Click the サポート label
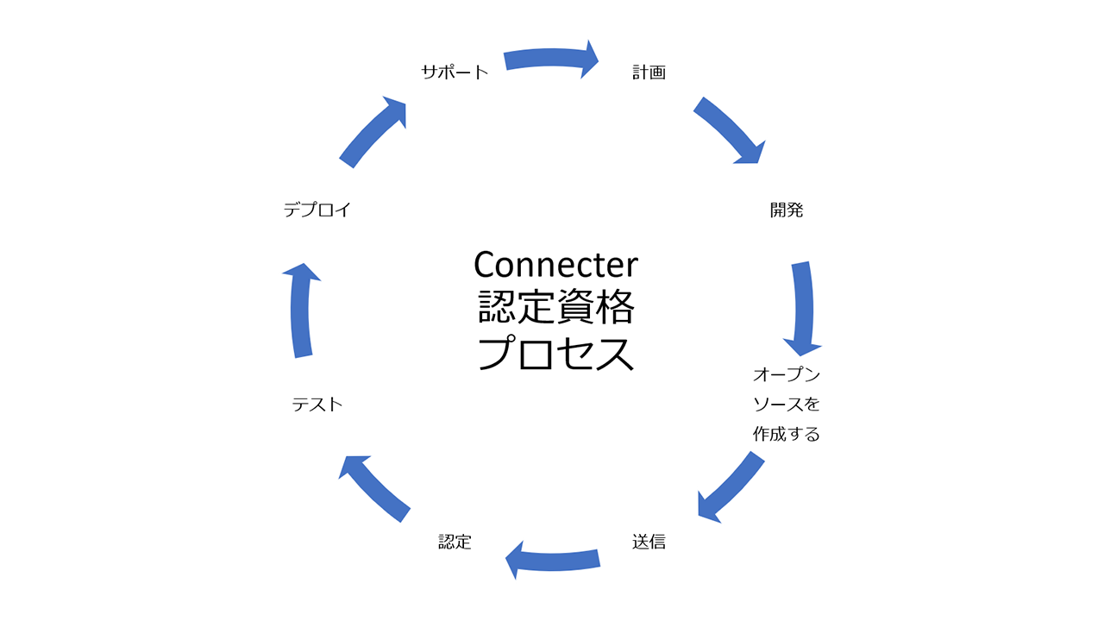coord(455,72)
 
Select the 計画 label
coord(649,72)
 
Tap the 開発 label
coord(786,210)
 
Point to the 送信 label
coord(649,542)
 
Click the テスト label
coord(317,404)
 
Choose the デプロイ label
coord(317,210)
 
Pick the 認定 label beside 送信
coord(455,542)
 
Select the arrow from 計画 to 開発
coord(730,130)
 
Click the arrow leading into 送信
coord(731,488)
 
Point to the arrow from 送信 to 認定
coord(552,559)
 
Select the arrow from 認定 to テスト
coord(374,487)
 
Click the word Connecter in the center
coord(555,264)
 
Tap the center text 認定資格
coord(555,309)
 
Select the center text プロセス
coord(555,354)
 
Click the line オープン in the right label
coord(786,375)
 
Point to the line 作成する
coord(786,434)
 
